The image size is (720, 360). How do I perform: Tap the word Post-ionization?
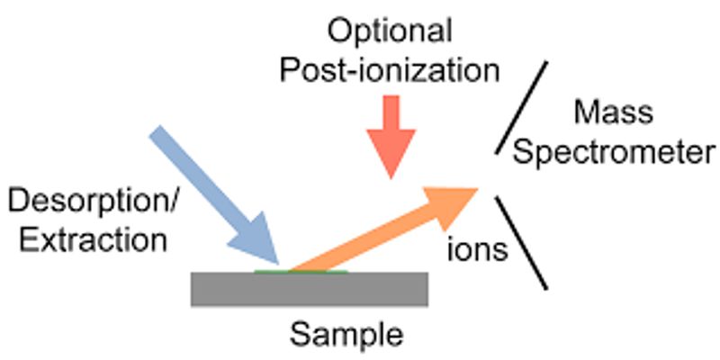390,71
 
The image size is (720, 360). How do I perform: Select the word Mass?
614,112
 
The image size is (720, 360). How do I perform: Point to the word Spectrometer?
614,152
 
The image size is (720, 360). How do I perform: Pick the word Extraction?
93,239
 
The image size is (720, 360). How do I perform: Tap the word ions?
478,250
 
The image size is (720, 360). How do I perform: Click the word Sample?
346,336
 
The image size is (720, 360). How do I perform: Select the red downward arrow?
391,137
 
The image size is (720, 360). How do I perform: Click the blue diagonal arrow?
214,194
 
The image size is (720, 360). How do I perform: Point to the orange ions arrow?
383,229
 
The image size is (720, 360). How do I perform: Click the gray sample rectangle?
310,289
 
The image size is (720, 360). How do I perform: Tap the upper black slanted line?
521,107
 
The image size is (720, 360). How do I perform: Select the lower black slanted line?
521,243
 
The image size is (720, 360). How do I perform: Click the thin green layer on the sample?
301,272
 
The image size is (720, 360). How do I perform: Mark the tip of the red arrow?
391,178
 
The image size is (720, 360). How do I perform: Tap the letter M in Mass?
587,112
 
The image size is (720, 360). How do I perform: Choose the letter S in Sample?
299,335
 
